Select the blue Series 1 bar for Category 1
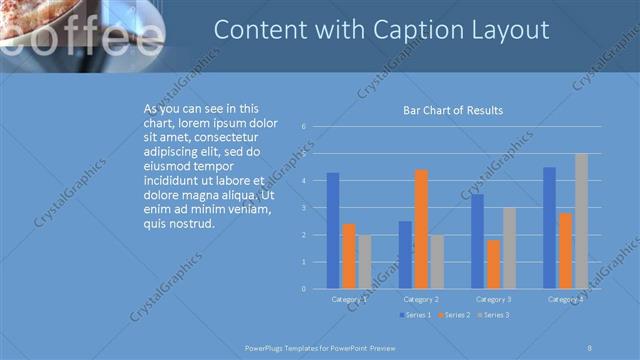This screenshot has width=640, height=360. pyautogui.click(x=333, y=230)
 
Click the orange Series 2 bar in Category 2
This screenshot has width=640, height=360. pyautogui.click(x=421, y=229)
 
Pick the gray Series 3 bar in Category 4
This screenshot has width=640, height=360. pyautogui.click(x=581, y=221)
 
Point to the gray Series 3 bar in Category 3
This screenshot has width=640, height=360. pyautogui.click(x=509, y=248)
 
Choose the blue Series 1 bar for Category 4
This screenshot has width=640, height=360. pyautogui.click(x=549, y=228)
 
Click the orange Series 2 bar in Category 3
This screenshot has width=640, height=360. pyautogui.click(x=493, y=264)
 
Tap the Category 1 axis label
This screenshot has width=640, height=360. pyautogui.click(x=349, y=299)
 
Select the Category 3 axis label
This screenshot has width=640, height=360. pyautogui.click(x=493, y=299)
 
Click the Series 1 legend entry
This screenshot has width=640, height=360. pyautogui.click(x=416, y=316)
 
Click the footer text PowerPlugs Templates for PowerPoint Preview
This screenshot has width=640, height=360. pyautogui.click(x=320, y=348)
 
